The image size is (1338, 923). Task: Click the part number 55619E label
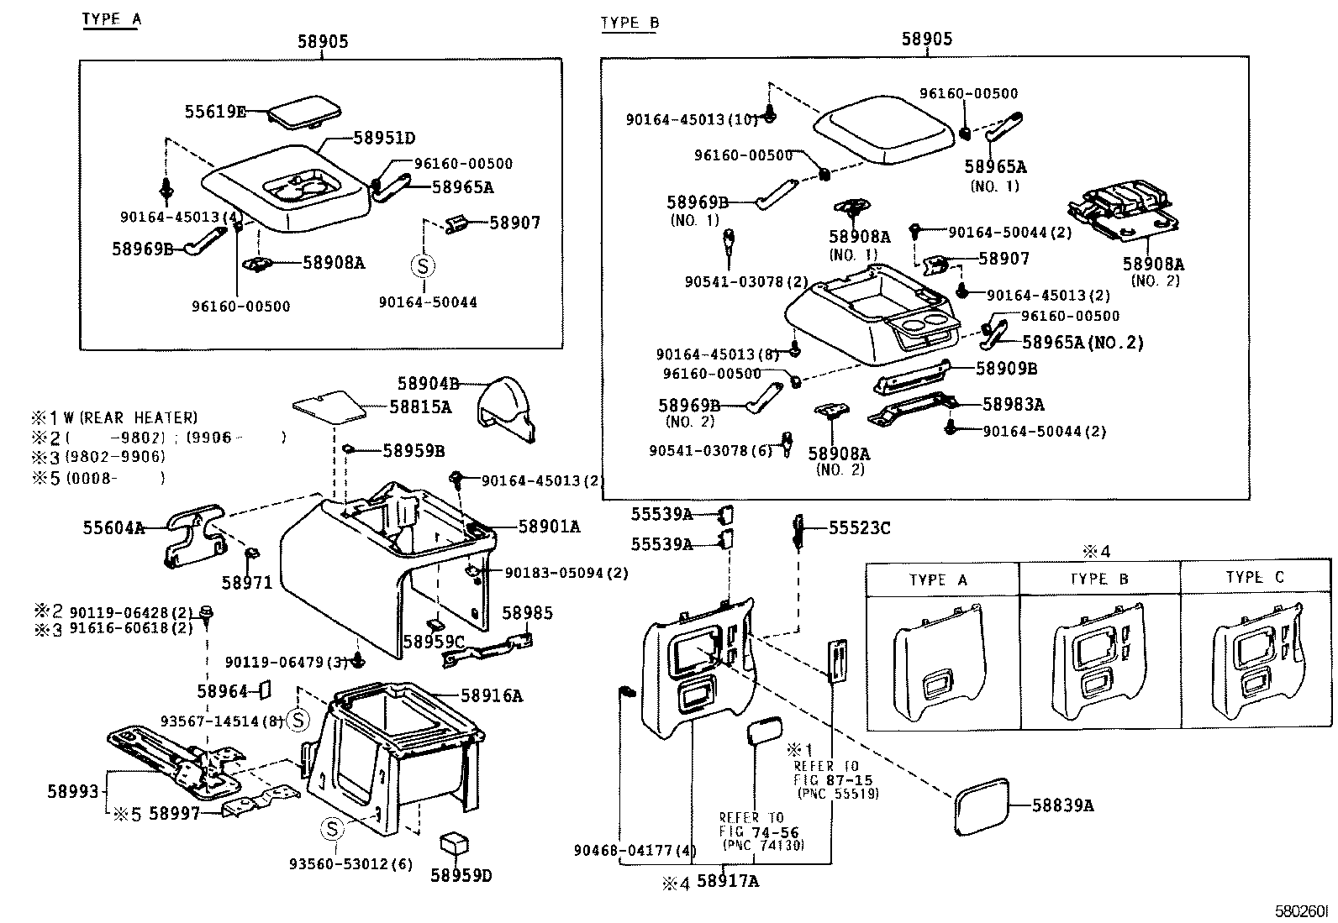pyautogui.click(x=215, y=112)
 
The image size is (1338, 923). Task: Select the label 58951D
pyautogui.click(x=384, y=139)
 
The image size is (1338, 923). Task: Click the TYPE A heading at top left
pyautogui.click(x=110, y=19)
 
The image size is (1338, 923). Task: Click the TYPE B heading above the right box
pyautogui.click(x=629, y=23)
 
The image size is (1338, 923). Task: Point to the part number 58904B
pyautogui.click(x=428, y=384)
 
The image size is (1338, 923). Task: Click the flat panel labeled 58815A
pyautogui.click(x=329, y=407)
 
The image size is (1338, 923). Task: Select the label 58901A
pyautogui.click(x=549, y=527)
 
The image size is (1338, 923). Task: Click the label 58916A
pyautogui.click(x=492, y=695)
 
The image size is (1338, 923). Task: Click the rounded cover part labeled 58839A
pyautogui.click(x=980, y=805)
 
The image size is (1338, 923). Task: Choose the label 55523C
pyautogui.click(x=859, y=527)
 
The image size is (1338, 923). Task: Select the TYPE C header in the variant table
pyautogui.click(x=1255, y=578)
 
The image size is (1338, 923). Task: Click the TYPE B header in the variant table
pyautogui.click(x=1098, y=579)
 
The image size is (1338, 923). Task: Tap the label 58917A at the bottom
pyautogui.click(x=728, y=881)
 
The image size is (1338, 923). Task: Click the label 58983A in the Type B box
pyautogui.click(x=1013, y=405)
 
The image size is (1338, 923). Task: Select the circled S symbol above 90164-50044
pyautogui.click(x=423, y=266)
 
